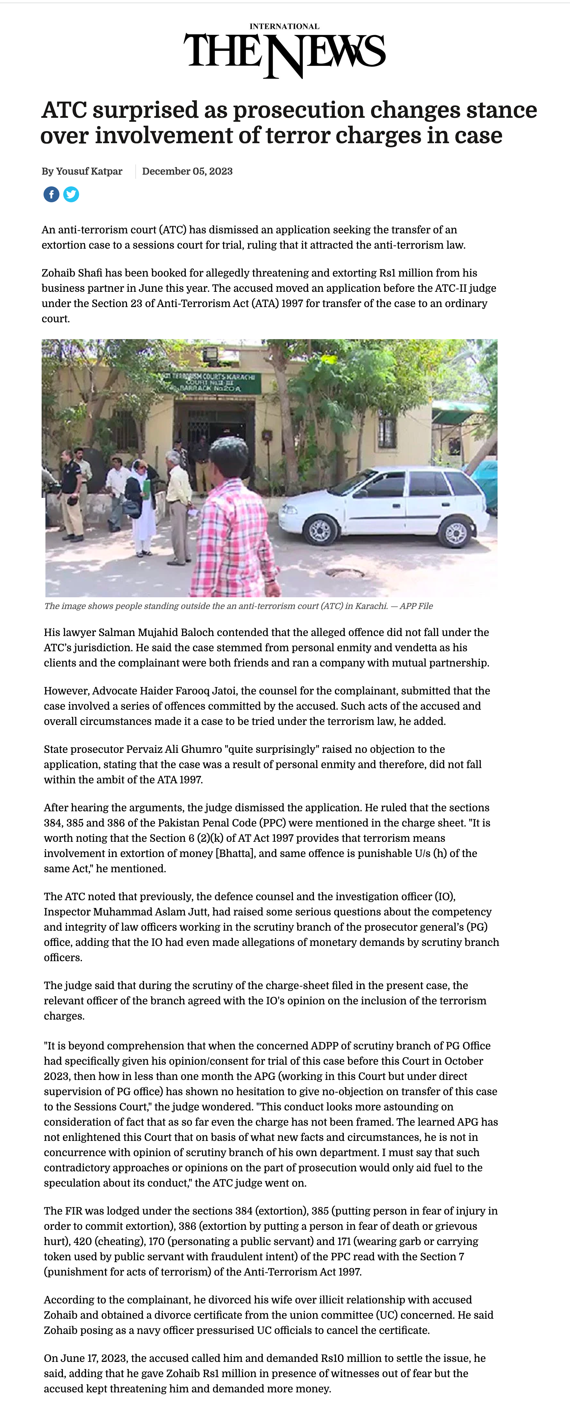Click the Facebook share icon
coord(51,194)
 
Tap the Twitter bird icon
coord(71,194)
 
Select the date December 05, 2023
coord(187,171)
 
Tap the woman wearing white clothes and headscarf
coord(141,505)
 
